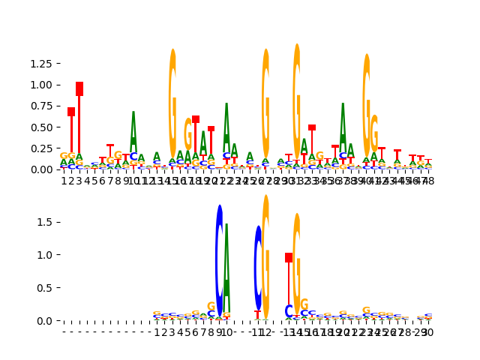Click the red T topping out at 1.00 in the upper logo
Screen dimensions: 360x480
[x=79, y=88]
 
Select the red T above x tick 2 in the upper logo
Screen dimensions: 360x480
[x=71, y=112]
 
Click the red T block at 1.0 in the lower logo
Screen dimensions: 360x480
[x=289, y=257]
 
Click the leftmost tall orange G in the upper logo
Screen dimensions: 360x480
[x=172, y=105]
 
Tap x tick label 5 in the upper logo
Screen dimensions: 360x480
[x=95, y=181]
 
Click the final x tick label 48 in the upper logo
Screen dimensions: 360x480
[x=428, y=181]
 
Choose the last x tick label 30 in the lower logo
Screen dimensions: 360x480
[x=428, y=332]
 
